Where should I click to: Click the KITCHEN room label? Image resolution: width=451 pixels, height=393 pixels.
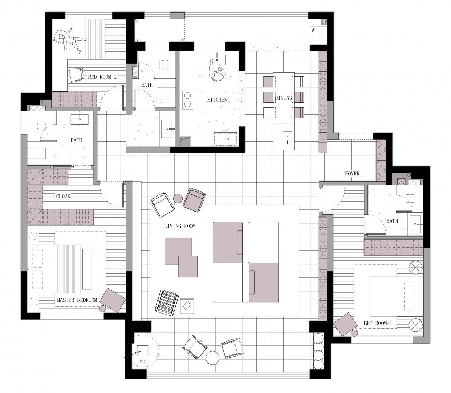pyautogui.click(x=217, y=100)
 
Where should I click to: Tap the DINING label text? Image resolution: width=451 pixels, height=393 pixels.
pyautogui.click(x=283, y=97)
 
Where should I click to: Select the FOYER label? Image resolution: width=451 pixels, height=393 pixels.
pyautogui.click(x=352, y=174)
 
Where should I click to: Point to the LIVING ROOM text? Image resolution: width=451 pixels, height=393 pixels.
pyautogui.click(x=180, y=226)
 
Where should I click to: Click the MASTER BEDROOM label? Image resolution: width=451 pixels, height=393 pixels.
pyautogui.click(x=77, y=300)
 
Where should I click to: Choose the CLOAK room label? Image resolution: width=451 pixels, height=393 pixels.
pyautogui.click(x=63, y=196)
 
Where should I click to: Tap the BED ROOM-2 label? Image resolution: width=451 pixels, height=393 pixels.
pyautogui.click(x=102, y=77)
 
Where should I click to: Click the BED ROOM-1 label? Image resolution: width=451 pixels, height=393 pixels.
pyautogui.click(x=378, y=323)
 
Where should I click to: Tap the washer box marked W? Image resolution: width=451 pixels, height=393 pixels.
pyautogui.click(x=318, y=35)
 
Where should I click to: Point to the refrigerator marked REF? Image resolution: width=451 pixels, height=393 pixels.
pyautogui.click(x=225, y=139)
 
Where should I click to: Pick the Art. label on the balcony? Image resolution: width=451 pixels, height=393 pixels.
pyautogui.click(x=143, y=361)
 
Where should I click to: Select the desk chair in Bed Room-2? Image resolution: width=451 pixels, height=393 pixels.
pyautogui.click(x=76, y=74)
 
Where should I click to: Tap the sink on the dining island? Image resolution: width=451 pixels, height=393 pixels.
pyautogui.click(x=287, y=137)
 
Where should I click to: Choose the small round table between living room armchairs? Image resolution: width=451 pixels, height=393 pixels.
pyautogui.click(x=178, y=199)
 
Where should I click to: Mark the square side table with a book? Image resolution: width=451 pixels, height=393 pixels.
pyautogui.click(x=187, y=306)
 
